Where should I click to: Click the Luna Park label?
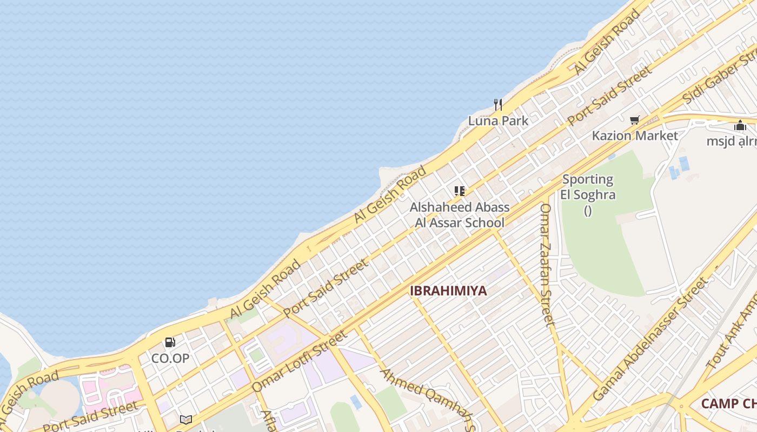498,121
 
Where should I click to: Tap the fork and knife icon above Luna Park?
498,104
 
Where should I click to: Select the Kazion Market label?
635,136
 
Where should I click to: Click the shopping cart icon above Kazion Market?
634,120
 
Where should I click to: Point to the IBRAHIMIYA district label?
448,291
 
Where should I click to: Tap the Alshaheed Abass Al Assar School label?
460,215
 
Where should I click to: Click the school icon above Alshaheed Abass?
460,191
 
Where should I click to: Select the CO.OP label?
170,358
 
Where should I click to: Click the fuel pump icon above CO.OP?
170,342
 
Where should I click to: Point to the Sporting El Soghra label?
588,187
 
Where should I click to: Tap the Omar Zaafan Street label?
547,265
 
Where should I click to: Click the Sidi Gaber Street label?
719,76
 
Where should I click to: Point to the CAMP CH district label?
728,404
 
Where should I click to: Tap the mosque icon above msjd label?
740,126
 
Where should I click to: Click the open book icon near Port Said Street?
186,419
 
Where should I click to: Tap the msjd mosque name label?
732,141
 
